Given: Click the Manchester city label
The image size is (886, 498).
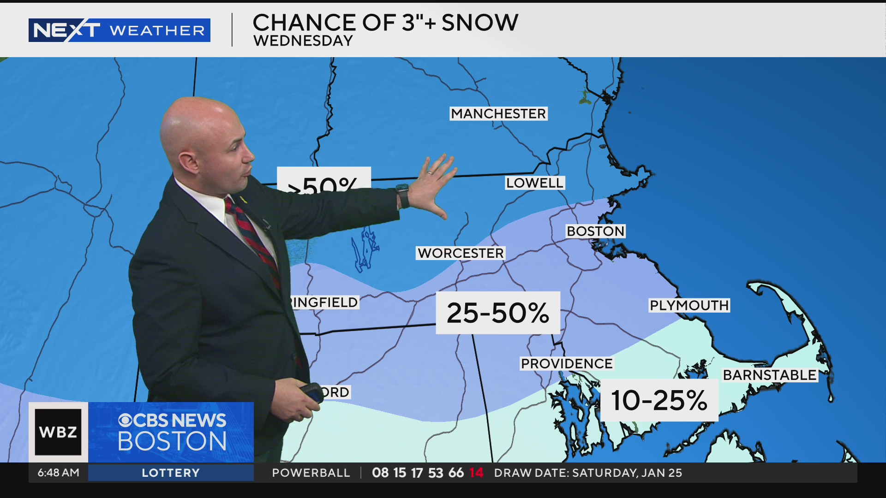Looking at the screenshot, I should click(498, 113).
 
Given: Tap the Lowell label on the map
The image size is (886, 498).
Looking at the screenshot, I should click(534, 183).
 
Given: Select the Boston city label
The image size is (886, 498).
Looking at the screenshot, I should click(595, 231).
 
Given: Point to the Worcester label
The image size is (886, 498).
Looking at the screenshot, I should click(461, 253).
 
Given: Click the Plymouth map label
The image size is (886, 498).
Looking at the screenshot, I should click(689, 305).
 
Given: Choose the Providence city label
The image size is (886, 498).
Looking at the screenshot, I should click(567, 364).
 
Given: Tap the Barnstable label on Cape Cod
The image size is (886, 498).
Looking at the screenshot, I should click(769, 375).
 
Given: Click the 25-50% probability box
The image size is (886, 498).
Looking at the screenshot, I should click(498, 313).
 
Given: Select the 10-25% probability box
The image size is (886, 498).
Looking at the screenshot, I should click(659, 400).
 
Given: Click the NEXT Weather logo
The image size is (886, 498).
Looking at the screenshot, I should click(119, 30).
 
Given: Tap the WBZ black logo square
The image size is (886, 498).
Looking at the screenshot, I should click(58, 432).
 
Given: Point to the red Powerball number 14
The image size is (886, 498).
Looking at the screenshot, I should click(476, 473).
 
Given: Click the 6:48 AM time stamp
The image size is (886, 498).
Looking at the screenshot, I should click(58, 473).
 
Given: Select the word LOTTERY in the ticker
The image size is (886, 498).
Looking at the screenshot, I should click(171, 473).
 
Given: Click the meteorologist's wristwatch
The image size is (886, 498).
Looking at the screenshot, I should click(402, 196).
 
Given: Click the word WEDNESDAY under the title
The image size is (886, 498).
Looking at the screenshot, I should click(303, 41).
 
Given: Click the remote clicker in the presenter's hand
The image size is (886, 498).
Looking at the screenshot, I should click(311, 392).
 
